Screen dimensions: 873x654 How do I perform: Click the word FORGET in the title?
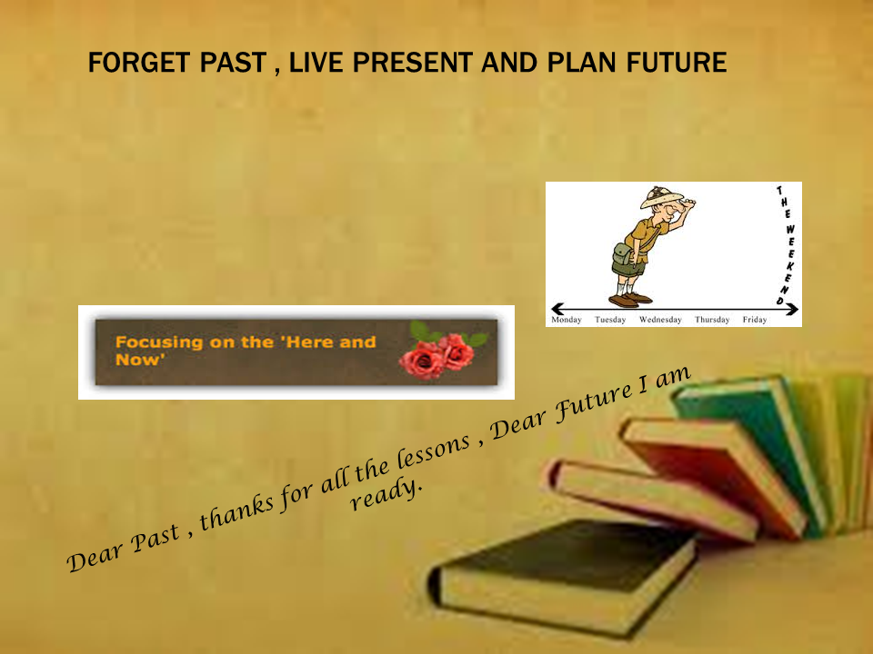[131, 63]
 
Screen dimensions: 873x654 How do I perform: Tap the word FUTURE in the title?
[677, 63]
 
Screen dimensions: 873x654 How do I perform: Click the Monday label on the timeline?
[567, 320]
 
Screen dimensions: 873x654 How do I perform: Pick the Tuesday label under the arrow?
[610, 320]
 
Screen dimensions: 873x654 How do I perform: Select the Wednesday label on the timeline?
[660, 320]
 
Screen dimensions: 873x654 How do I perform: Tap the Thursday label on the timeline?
[712, 320]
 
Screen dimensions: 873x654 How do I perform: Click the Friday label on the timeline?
[755, 320]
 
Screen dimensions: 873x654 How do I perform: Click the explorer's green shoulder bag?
[624, 254]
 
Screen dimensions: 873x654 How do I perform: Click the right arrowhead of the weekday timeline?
[793, 309]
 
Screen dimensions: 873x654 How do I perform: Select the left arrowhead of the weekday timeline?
[557, 309]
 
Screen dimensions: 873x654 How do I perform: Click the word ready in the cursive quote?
[386, 494]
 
